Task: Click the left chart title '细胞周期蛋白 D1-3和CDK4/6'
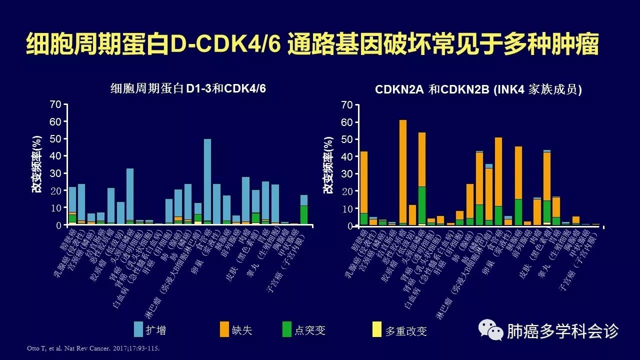click(187, 88)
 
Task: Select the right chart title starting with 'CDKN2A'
click(478, 89)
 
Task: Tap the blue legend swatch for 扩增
click(138, 330)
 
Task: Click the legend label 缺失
click(242, 330)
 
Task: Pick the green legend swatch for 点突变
click(286, 330)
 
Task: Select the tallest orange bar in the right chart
click(402, 170)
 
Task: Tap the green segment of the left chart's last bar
click(303, 214)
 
